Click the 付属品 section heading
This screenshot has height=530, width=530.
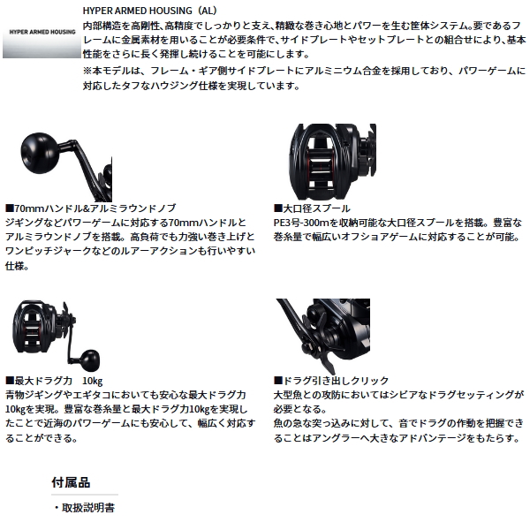[71, 482]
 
